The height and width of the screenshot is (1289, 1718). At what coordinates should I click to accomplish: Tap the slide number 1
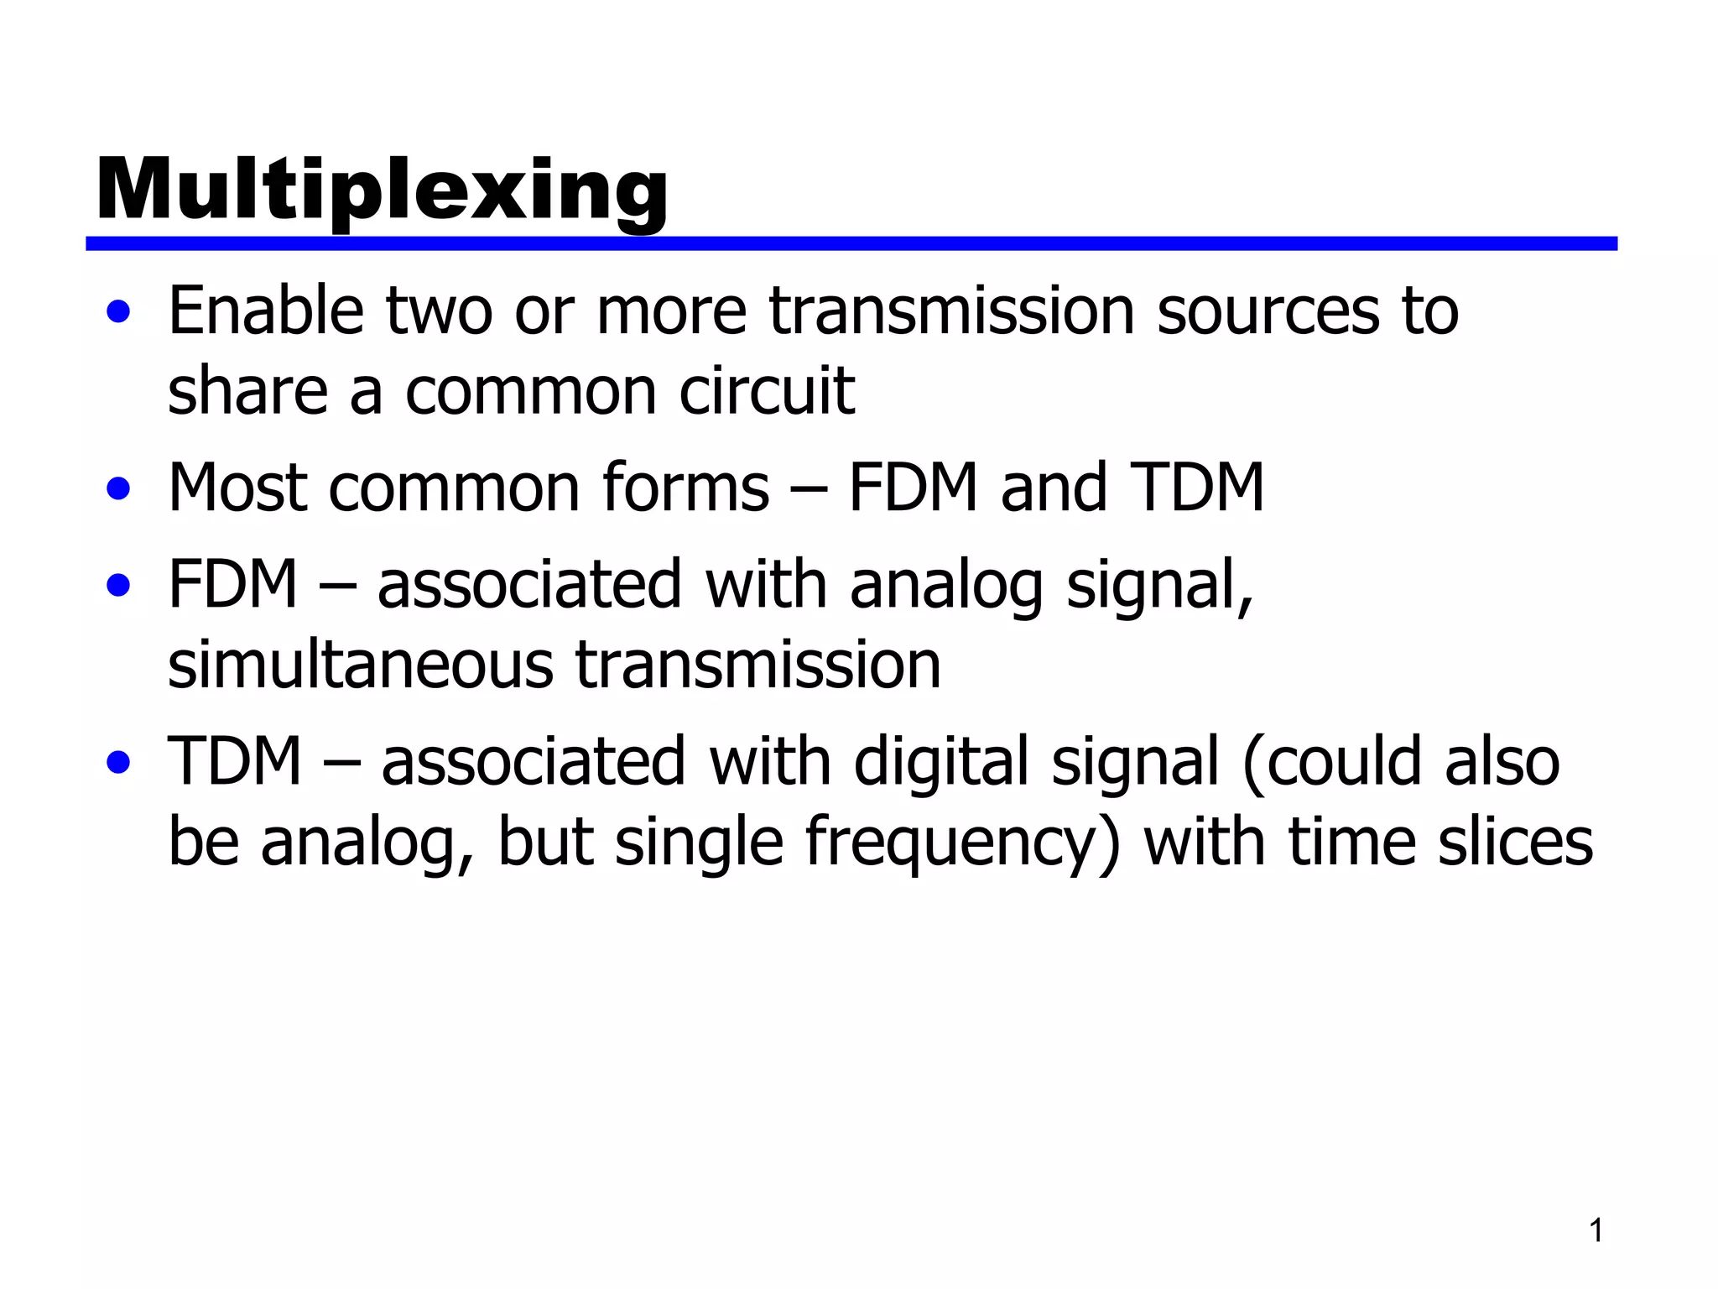(1596, 1231)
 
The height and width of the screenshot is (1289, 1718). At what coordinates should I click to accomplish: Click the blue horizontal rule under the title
(851, 243)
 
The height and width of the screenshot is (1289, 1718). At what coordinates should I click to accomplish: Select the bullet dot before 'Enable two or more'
(119, 312)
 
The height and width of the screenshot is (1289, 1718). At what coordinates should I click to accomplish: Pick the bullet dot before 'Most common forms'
(119, 488)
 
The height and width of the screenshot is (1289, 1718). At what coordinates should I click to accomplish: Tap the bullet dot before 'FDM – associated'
(119, 585)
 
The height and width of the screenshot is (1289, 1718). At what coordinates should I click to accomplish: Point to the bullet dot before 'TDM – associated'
(119, 762)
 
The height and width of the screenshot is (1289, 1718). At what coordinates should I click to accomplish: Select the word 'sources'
(1268, 312)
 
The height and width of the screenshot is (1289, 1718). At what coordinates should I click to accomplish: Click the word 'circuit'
(767, 391)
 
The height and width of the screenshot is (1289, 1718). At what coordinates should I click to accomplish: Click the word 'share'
(248, 391)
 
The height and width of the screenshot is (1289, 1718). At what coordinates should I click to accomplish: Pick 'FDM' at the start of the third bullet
(233, 585)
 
